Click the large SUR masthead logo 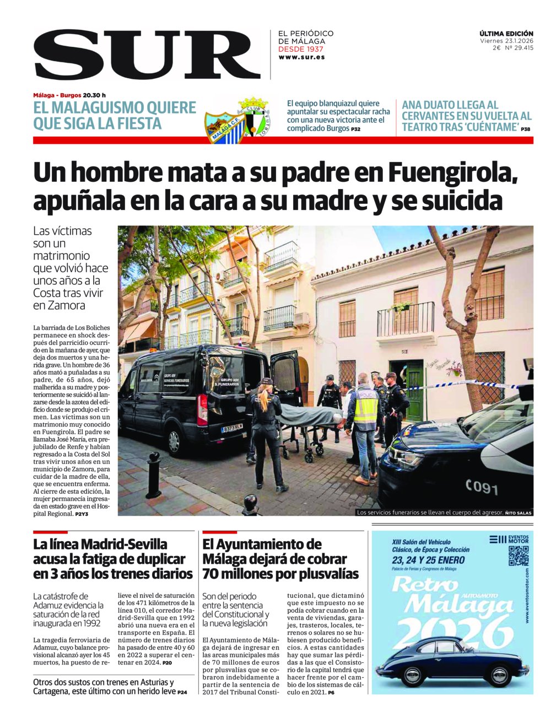point(147,54)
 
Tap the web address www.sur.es point(301,57)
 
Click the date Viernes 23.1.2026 point(506,41)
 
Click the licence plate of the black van point(232,427)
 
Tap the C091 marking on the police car point(481,487)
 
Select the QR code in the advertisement point(518,557)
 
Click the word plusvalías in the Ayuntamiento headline point(326,574)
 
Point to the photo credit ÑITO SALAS point(518,513)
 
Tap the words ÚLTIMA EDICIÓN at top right point(506,34)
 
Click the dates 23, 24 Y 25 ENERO point(428,560)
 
